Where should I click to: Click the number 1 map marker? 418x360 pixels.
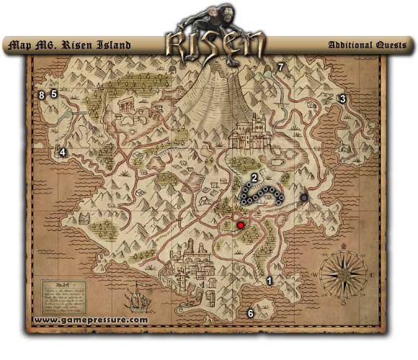coord(270,282)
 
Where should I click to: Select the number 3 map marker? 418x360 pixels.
coord(343,99)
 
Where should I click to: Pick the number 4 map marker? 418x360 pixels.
coord(63,152)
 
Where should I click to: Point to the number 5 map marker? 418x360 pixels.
coord(53,94)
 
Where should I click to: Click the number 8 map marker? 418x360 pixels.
coord(42,94)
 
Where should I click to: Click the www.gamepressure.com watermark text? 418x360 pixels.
coord(90,320)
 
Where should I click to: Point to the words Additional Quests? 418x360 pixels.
coord(367,45)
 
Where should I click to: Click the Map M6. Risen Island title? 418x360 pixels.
coord(68,45)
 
